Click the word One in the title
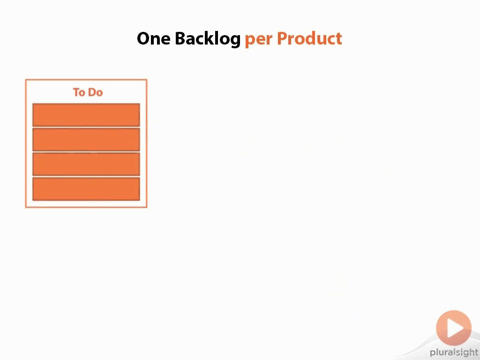tap(153, 38)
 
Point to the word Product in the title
tap(309, 38)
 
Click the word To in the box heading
tap(79, 92)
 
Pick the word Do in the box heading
tap(96, 92)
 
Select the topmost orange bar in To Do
tap(86, 115)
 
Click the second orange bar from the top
tap(86, 140)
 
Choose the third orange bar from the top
tap(86, 165)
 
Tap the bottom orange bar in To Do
tap(86, 189)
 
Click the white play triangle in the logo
tap(455, 328)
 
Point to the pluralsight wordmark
tap(454, 352)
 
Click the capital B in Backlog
tap(180, 38)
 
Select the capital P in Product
tap(282, 38)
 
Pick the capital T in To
tap(76, 92)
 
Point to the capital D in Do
tap(92, 92)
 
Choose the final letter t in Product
tap(338, 39)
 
